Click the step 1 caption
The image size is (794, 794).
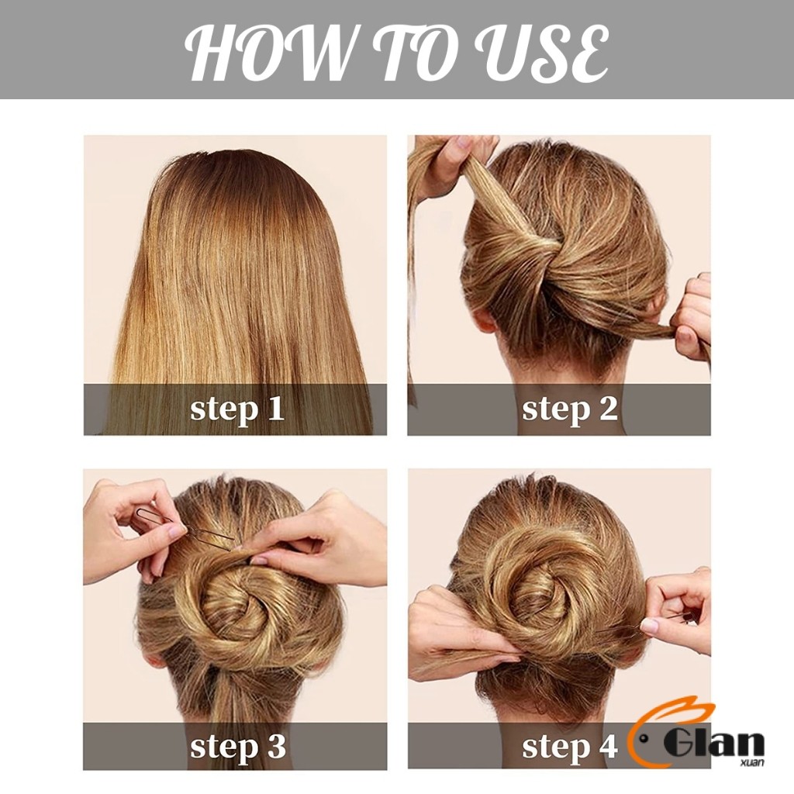(237, 409)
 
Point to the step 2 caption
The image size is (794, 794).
(570, 409)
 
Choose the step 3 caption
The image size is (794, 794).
(237, 747)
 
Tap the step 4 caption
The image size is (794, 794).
(570, 747)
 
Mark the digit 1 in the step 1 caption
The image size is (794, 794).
(275, 409)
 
